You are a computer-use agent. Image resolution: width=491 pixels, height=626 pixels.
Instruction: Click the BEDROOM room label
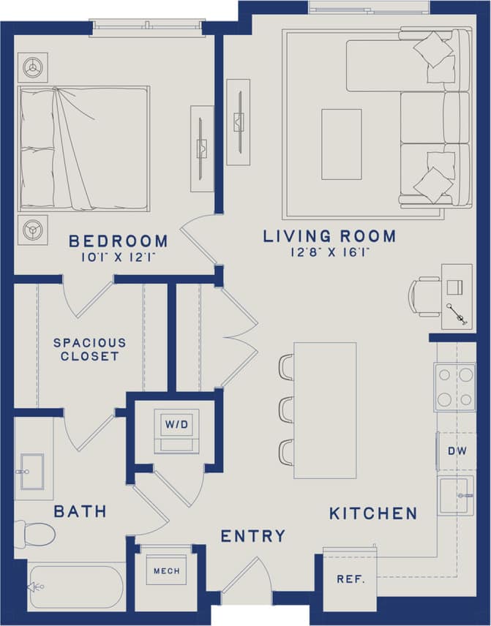[x=119, y=241]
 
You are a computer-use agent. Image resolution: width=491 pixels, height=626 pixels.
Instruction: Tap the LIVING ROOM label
[x=329, y=236]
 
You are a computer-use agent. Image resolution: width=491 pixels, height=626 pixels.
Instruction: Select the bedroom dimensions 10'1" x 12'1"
[x=119, y=257]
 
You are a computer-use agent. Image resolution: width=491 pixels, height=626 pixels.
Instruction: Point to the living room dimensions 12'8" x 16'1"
[x=329, y=252]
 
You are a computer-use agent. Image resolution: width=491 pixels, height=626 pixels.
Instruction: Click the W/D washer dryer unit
[x=176, y=432]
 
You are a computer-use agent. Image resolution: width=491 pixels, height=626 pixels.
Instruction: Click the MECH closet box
[x=165, y=570]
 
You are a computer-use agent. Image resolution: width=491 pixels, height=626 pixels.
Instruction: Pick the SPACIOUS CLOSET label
[x=89, y=350]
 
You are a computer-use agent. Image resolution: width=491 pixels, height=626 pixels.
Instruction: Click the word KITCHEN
[x=373, y=513]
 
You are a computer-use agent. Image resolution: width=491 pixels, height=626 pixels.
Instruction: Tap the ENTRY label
[x=253, y=536]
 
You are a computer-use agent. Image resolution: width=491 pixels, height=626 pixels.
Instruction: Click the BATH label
[x=80, y=510]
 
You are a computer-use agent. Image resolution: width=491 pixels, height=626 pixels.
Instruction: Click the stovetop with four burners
[x=454, y=387]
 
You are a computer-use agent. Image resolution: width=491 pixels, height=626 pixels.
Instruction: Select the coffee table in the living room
[x=341, y=144]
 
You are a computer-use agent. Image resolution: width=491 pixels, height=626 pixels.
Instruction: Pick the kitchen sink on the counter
[x=455, y=495]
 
